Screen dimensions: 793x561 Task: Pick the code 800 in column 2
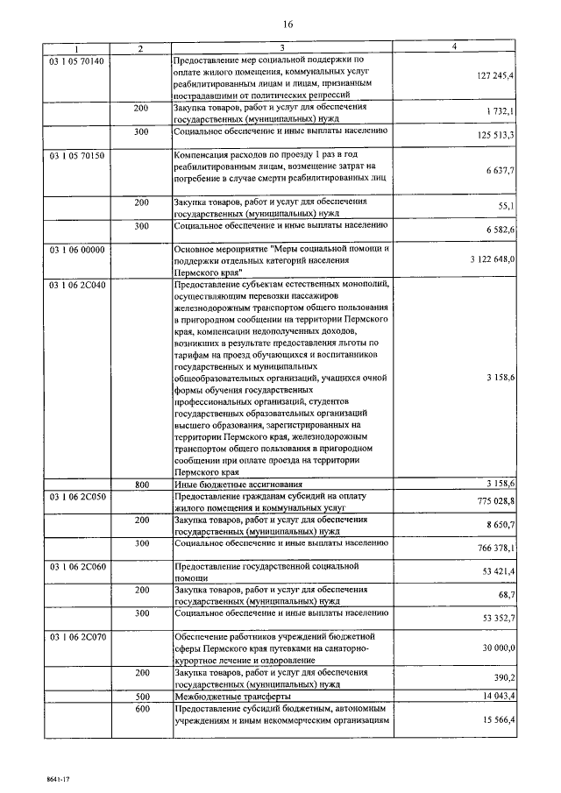tap(141, 484)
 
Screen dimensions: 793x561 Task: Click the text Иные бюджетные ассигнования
tap(238, 484)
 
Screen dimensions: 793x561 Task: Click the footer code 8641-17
tap(34, 776)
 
